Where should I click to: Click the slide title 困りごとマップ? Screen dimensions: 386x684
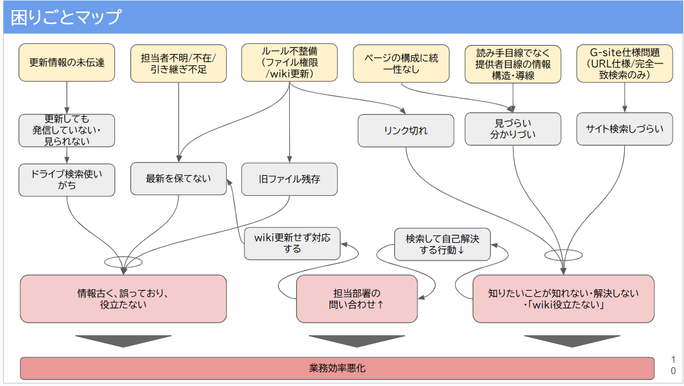(x=65, y=17)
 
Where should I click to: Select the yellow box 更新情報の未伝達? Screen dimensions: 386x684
(x=67, y=62)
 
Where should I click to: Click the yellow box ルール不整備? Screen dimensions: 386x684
(x=289, y=62)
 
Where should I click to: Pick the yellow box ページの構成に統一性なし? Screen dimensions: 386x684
(x=401, y=63)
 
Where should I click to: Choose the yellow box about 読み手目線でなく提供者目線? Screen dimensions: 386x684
(x=513, y=63)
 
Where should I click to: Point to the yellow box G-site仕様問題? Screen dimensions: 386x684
(x=624, y=63)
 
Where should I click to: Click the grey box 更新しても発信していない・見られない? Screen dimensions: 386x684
(x=67, y=130)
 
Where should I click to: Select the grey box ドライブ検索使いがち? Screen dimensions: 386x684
(x=67, y=179)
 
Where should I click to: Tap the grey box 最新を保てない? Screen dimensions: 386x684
(x=179, y=179)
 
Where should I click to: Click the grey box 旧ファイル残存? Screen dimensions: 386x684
(x=289, y=179)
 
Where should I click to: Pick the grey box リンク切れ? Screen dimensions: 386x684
(x=405, y=131)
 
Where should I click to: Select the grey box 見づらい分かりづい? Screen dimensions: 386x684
(x=513, y=129)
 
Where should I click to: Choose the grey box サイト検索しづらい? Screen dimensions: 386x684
(x=624, y=129)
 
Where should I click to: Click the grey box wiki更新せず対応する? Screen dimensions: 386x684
(x=292, y=244)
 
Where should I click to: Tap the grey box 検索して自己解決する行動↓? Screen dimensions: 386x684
(x=442, y=244)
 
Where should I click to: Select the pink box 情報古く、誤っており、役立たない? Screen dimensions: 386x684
(x=123, y=299)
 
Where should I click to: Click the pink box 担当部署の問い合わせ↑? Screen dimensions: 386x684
(x=356, y=299)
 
